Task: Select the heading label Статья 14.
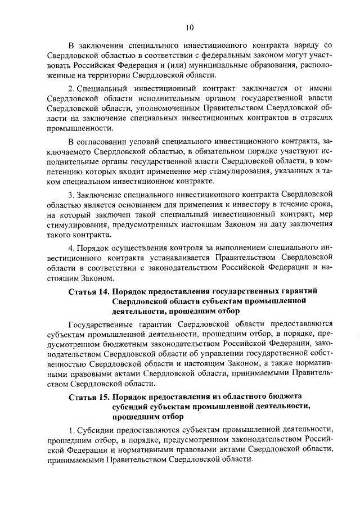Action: tap(88, 291)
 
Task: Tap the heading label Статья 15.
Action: tap(88, 397)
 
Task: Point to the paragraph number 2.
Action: tap(71, 88)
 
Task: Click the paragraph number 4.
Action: tap(70, 247)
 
